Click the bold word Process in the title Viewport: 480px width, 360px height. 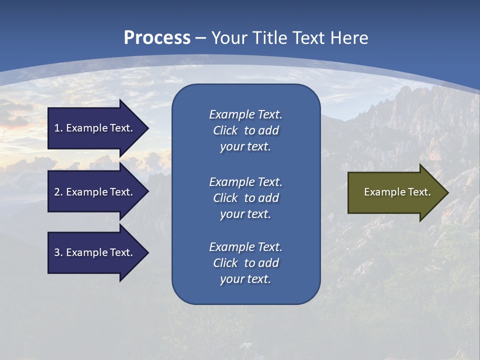(x=157, y=38)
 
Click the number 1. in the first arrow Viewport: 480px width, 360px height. (x=58, y=128)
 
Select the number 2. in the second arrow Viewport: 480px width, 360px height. (x=58, y=192)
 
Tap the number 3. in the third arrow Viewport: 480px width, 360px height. (x=58, y=252)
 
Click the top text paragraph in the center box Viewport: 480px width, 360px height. (x=245, y=130)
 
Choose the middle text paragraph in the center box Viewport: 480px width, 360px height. (x=245, y=198)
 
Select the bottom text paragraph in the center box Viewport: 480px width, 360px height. (x=245, y=263)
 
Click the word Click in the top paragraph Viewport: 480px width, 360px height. (x=225, y=130)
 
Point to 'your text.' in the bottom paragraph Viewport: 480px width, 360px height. (x=245, y=279)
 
